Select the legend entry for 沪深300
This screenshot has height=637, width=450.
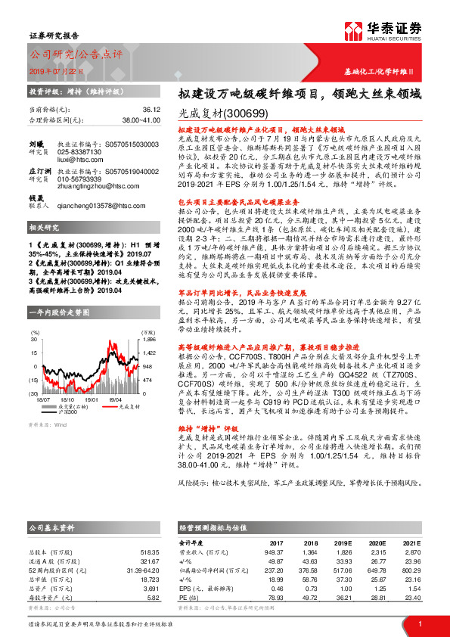(67, 412)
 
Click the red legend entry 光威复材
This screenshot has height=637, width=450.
(119, 406)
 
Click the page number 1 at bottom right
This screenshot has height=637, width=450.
(419, 623)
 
